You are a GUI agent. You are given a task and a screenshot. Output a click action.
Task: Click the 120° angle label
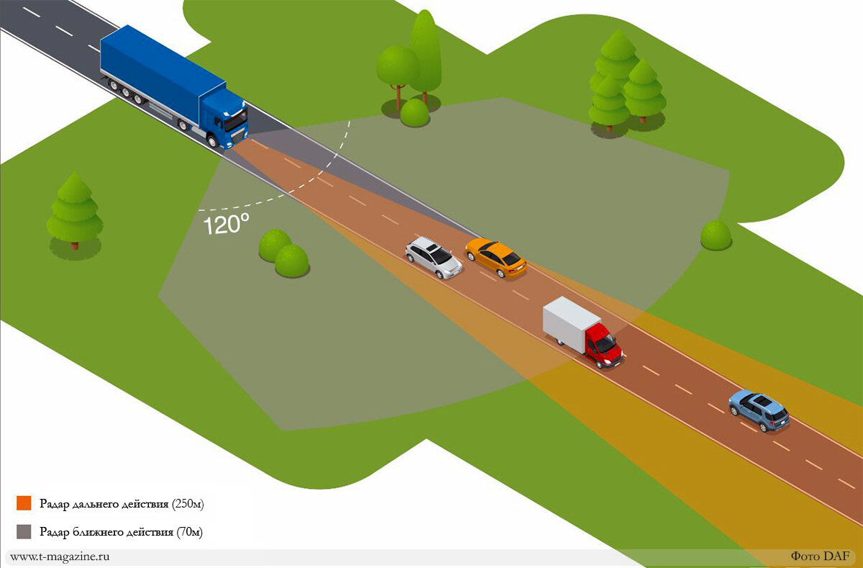[226, 224]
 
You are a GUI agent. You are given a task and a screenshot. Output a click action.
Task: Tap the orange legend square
[24, 503]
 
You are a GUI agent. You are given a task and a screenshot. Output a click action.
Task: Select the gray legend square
[24, 532]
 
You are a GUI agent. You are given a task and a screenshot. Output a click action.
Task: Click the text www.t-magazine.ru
[60, 556]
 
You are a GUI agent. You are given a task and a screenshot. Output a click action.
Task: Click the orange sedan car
[496, 258]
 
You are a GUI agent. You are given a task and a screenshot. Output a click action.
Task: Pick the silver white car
[433, 257]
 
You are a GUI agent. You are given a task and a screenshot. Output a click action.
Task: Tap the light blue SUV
[759, 410]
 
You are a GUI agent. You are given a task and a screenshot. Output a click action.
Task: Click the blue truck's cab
[226, 120]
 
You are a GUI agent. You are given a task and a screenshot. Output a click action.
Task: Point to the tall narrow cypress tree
[425, 54]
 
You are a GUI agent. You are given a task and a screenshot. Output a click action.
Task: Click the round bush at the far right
[716, 235]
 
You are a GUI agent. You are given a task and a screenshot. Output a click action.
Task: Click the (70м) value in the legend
[188, 533]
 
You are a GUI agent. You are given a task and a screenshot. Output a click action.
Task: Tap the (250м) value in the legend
[188, 504]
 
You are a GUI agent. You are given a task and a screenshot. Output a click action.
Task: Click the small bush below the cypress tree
[415, 113]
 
